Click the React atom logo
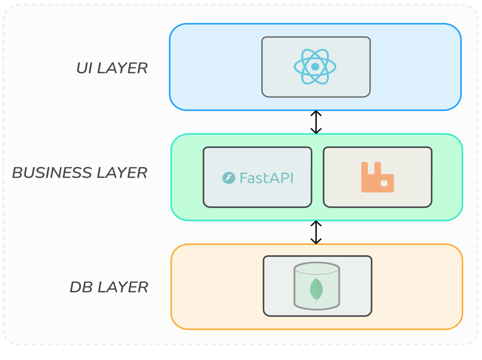point(315,67)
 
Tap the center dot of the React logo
point(315,67)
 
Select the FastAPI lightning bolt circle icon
point(229,178)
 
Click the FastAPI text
point(266,178)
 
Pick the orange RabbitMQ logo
point(377,177)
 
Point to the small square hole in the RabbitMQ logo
point(384,183)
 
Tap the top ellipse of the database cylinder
point(317,268)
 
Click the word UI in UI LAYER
point(84,68)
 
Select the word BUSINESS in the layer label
point(52,173)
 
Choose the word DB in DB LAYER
point(81,287)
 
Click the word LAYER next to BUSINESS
point(122,173)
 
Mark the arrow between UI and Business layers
point(316,122)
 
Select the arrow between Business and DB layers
point(316,232)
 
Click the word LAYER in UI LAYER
point(122,68)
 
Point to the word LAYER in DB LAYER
point(123,287)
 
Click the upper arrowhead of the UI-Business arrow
point(316,113)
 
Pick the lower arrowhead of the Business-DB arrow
point(316,242)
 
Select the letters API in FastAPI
point(282,178)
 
